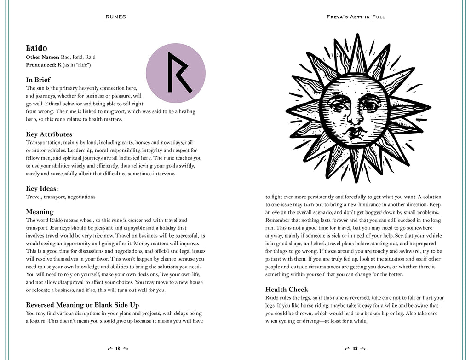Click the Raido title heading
point(36,48)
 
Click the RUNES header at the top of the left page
point(115,17)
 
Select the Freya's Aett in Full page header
point(355,17)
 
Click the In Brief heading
point(38,80)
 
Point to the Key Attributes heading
point(49,134)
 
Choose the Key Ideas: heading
point(45,188)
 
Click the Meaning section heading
point(40,212)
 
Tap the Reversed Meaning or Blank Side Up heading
point(82,305)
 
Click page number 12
point(117,348)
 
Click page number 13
point(355,348)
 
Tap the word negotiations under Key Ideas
point(81,197)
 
